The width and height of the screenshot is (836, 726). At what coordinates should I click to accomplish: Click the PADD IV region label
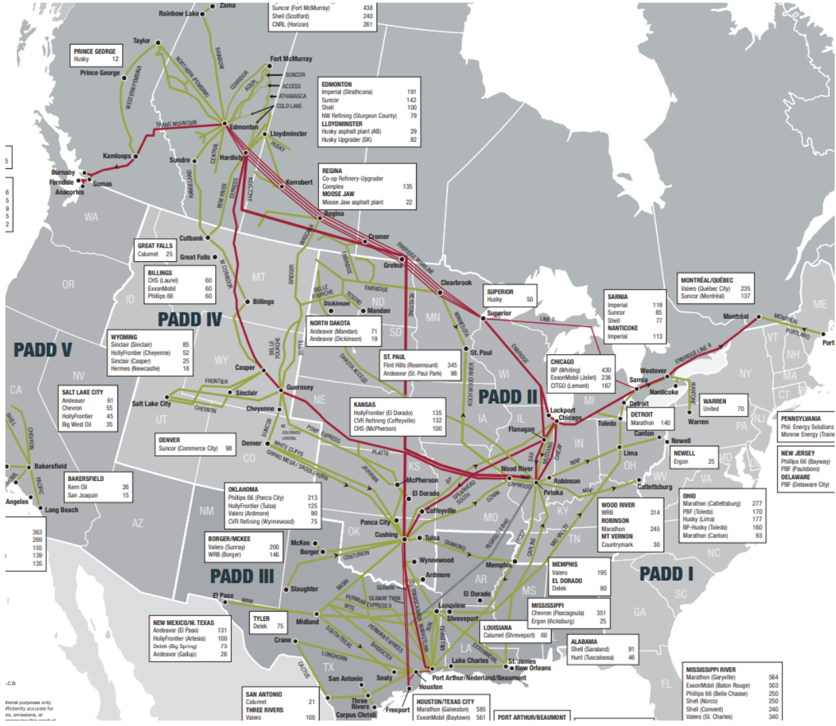[189, 319]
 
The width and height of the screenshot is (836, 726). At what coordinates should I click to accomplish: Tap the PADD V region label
[43, 350]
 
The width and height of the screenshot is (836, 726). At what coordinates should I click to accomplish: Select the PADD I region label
[666, 574]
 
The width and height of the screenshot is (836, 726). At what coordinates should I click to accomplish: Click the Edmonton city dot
[225, 123]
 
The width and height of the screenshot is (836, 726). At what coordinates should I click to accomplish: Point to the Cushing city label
[386, 535]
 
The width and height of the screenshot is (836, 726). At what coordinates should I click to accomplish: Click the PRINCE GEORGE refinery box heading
[95, 52]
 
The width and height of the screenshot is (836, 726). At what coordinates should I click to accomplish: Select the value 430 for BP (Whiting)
[605, 370]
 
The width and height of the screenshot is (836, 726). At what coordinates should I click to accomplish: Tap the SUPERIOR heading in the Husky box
[500, 292]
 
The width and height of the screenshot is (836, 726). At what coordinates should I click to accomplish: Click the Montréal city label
[736, 317]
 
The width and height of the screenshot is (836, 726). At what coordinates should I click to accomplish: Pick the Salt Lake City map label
[151, 404]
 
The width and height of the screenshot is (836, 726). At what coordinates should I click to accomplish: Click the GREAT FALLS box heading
[155, 246]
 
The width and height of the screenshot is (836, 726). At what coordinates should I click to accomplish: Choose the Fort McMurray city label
[291, 59]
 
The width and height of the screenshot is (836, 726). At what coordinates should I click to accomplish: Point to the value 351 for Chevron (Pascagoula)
[601, 613]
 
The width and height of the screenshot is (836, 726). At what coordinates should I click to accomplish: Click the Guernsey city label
[300, 387]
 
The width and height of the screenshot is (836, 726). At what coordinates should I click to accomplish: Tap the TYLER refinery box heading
[261, 619]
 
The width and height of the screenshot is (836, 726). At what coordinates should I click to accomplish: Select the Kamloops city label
[117, 156]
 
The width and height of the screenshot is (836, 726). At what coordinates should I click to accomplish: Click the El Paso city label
[223, 596]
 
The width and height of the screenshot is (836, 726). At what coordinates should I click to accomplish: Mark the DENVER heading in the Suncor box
[169, 440]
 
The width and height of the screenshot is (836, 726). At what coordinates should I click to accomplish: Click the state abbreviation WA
[91, 217]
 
